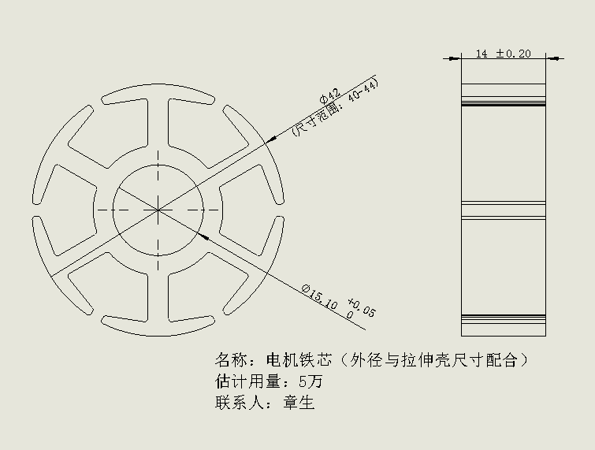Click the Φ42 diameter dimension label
click(330, 95)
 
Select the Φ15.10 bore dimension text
click(319, 296)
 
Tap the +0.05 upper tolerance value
click(362, 307)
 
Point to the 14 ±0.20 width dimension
click(503, 54)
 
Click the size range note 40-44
click(363, 91)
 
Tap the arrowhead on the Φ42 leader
click(271, 139)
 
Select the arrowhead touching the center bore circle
click(204, 236)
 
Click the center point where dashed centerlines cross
click(158, 210)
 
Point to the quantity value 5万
click(311, 381)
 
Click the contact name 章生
click(299, 403)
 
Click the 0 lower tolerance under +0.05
click(349, 315)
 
